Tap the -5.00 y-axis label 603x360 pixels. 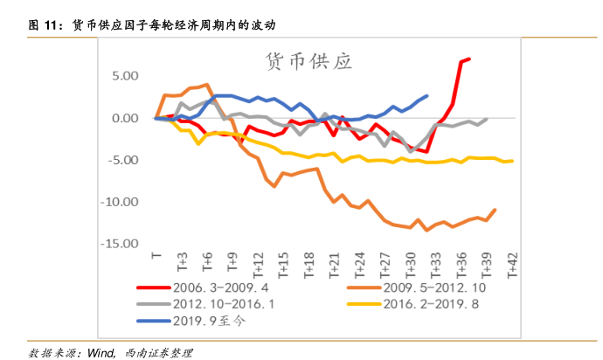(x=123, y=160)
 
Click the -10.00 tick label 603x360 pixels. (x=121, y=202)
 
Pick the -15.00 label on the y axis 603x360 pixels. (x=121, y=244)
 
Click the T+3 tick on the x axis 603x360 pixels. (x=183, y=263)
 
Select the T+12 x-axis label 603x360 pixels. (x=259, y=265)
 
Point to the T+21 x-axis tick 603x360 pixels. (x=334, y=265)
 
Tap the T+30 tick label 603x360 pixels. (x=410, y=265)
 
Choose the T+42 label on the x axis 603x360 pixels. (x=511, y=265)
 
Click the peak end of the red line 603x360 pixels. (x=469, y=59)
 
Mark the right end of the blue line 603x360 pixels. (x=427, y=96)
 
